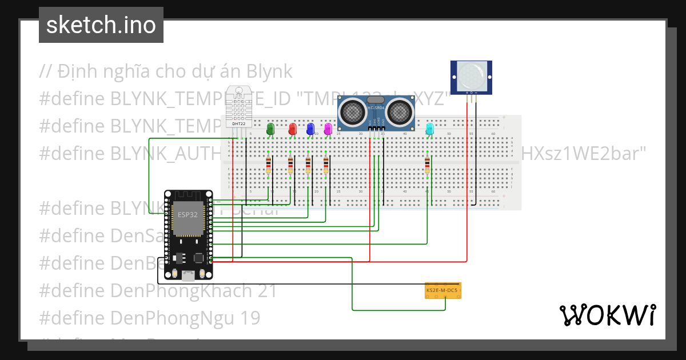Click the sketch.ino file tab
point(101,25)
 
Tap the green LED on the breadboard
point(271,129)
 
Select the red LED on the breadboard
point(293,129)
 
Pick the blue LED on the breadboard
point(310,129)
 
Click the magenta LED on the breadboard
point(328,129)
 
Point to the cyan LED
point(430,129)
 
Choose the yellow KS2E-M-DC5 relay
point(443,290)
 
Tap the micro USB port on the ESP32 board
point(187,277)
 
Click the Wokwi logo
point(607,315)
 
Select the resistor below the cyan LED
point(427,166)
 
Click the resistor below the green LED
point(269,166)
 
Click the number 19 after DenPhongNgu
point(249,317)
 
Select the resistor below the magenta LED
point(326,166)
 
